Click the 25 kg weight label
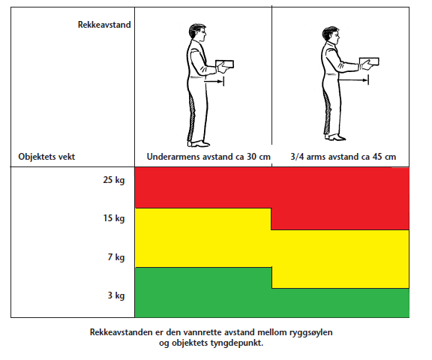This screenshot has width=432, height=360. click(114, 180)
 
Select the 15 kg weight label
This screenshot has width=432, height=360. click(114, 218)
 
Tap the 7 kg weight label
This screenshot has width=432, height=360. click(116, 257)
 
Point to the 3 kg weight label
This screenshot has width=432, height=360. click(116, 295)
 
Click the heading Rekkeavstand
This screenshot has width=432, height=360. click(104, 25)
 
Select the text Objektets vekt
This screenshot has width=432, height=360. click(46, 157)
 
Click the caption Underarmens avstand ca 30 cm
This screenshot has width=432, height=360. click(208, 157)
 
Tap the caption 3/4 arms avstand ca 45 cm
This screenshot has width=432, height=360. click(343, 157)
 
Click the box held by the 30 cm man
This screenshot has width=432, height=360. click(224, 64)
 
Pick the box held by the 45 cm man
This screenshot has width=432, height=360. click(369, 61)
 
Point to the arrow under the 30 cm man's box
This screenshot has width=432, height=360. click(214, 82)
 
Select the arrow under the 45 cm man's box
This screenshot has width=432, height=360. click(353, 80)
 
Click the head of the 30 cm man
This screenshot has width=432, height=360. click(197, 33)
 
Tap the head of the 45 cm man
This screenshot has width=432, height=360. click(331, 34)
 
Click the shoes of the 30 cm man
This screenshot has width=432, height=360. click(198, 143)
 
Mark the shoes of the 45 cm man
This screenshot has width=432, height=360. click(334, 137)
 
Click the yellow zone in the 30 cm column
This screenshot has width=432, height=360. click(203, 238)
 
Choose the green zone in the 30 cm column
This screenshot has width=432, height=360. click(203, 292)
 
